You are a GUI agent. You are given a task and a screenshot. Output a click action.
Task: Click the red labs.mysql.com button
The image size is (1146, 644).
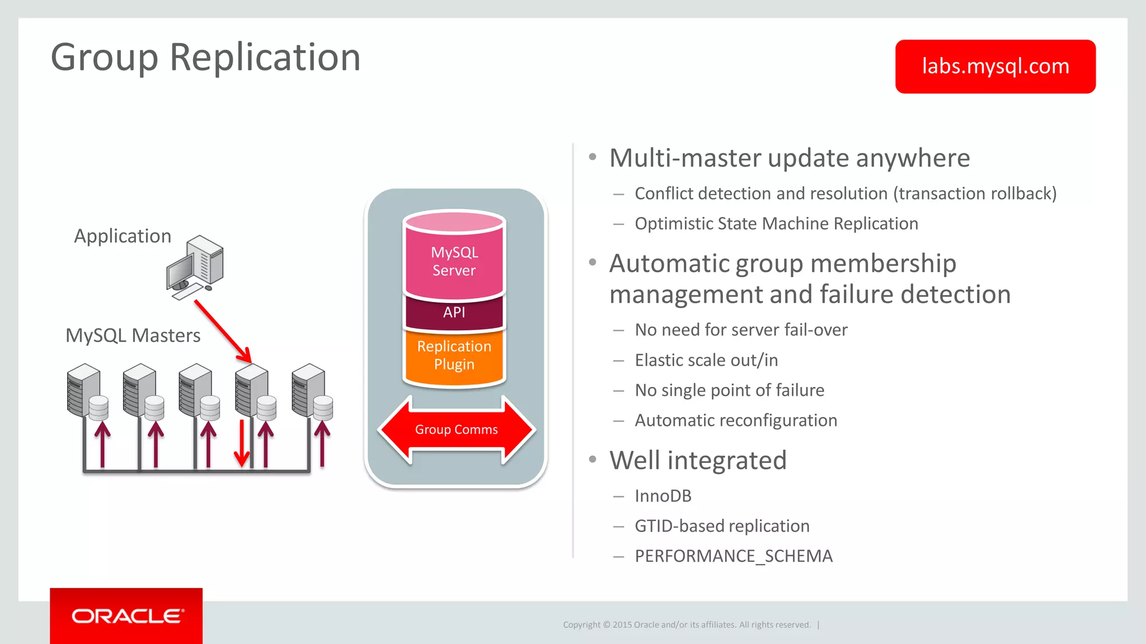[x=995, y=67]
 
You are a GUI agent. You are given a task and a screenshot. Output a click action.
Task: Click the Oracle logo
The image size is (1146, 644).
[x=126, y=616]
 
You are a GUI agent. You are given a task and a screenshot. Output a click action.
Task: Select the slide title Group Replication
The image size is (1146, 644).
[x=205, y=57]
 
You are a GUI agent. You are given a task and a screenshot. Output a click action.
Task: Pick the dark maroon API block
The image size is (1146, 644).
[x=454, y=312]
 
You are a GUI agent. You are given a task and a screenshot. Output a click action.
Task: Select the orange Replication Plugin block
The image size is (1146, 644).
[x=454, y=356]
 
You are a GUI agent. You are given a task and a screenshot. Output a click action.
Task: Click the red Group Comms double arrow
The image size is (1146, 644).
[x=456, y=429]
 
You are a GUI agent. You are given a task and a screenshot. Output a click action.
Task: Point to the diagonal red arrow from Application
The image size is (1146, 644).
[x=223, y=332]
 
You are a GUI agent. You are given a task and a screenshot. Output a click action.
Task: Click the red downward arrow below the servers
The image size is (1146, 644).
[x=241, y=443]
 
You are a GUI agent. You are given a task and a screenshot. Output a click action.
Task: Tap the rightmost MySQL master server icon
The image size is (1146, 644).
[x=312, y=391]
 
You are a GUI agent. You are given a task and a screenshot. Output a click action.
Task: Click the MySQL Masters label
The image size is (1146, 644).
[x=133, y=335]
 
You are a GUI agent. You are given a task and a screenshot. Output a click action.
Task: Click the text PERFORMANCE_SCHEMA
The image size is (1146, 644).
[x=733, y=556]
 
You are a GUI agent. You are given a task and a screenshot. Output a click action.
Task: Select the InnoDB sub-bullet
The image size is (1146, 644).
[x=663, y=496]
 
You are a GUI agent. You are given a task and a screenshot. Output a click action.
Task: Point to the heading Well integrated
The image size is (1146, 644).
[x=698, y=461]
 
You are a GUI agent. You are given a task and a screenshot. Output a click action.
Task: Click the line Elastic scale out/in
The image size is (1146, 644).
[x=706, y=360]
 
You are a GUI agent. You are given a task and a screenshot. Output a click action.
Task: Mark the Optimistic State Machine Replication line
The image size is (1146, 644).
[x=776, y=224]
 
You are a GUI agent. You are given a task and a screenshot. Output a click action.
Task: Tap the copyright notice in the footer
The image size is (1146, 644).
[x=687, y=624]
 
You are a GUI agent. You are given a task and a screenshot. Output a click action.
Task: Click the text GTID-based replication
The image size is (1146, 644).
[x=722, y=526]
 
